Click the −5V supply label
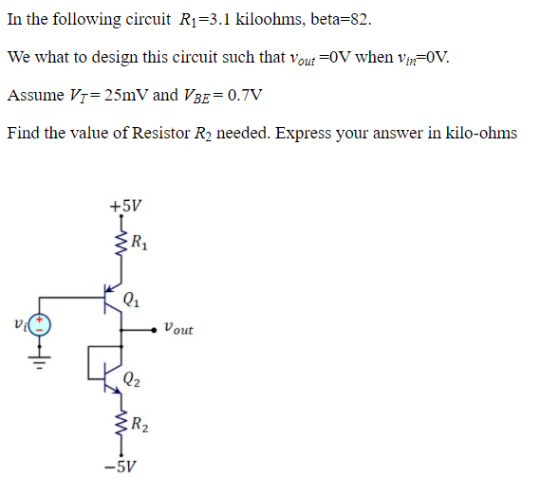click(125, 467)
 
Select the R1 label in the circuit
click(139, 239)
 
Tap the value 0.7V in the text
click(244, 95)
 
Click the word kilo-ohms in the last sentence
click(480, 133)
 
